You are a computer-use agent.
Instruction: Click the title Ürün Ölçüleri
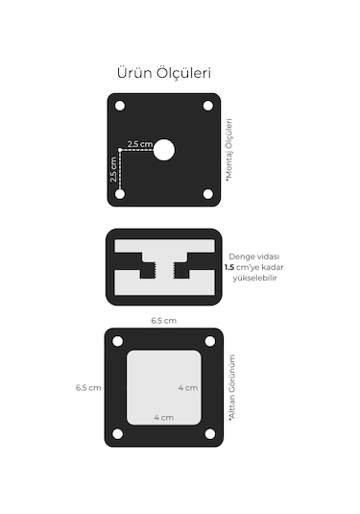[x=164, y=73]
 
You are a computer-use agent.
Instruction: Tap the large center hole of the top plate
[x=164, y=150]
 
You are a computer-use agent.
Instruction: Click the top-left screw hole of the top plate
[x=120, y=106]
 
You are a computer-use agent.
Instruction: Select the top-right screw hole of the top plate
[x=208, y=106]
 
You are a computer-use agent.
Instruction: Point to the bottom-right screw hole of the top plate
[x=208, y=194]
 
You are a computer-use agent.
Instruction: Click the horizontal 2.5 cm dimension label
[x=140, y=144]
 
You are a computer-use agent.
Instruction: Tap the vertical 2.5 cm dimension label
[x=113, y=169]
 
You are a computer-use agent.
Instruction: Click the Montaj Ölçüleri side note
[x=229, y=149]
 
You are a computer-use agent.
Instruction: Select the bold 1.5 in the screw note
[x=229, y=267]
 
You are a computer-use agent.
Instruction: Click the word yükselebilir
[x=254, y=278]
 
